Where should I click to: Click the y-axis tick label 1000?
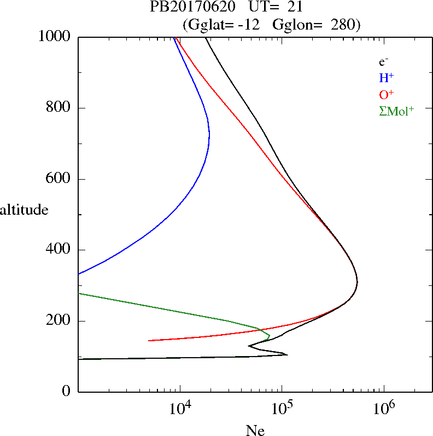point(55,37)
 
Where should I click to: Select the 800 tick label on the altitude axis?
point(59,108)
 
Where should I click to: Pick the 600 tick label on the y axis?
point(59,179)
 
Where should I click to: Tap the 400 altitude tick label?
point(59,250)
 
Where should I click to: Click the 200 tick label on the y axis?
point(59,321)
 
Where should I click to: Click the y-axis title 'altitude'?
point(24,210)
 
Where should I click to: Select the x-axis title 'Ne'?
point(255,431)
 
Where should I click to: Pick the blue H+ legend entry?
point(386,78)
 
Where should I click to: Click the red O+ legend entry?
point(386,94)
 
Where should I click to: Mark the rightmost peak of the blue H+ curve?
point(209,134)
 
